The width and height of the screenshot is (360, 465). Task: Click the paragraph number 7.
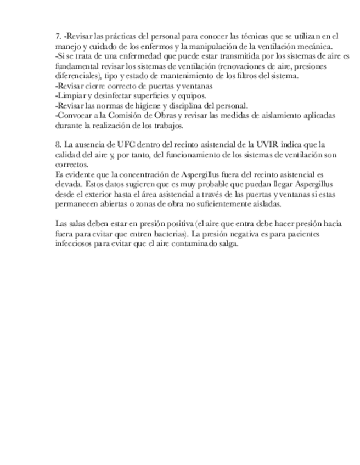58,36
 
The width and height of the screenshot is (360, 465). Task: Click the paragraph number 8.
58,145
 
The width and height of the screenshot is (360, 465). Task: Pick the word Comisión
121,115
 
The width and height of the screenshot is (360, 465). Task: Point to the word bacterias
165,234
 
